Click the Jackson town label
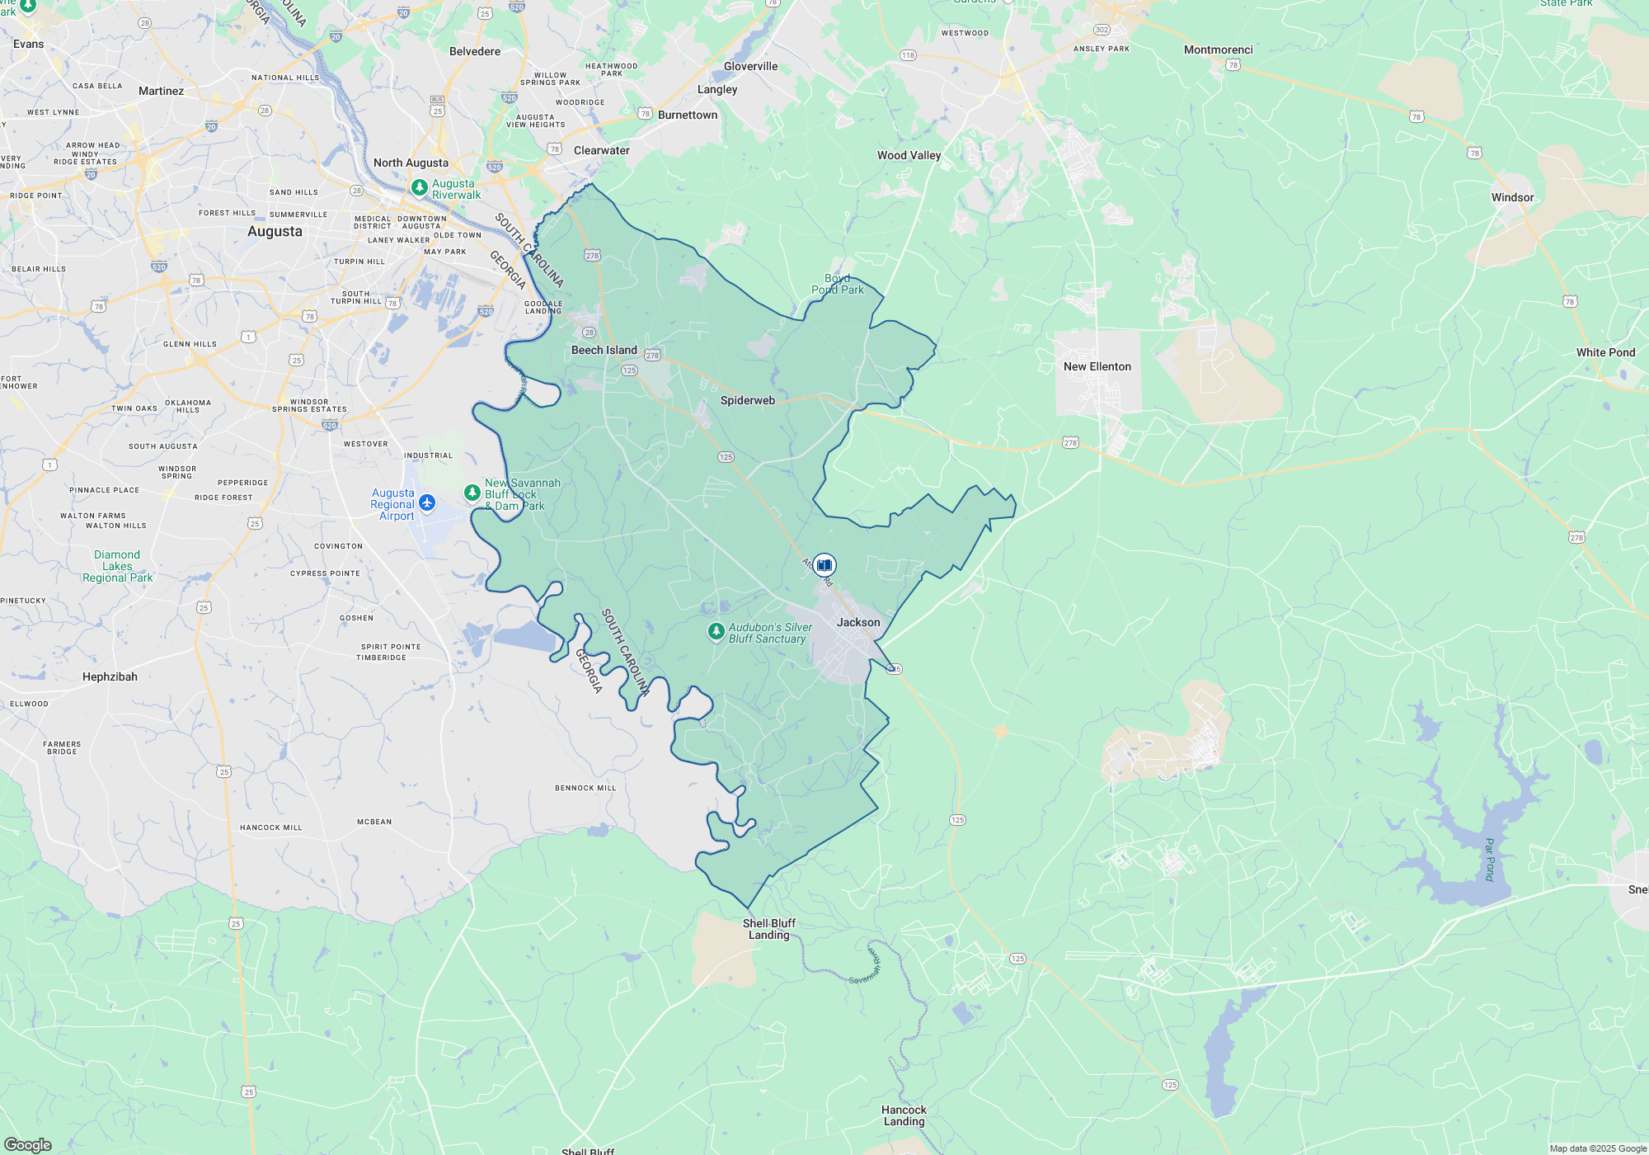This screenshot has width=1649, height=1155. pos(858,622)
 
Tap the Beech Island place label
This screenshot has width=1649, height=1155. pos(604,350)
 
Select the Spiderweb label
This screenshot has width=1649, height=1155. pos(747,400)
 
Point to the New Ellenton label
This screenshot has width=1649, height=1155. pos(1097,366)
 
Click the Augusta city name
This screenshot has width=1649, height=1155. pos(275,232)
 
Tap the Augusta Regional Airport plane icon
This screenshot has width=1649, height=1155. pos(427,502)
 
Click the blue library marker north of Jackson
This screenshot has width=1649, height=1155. pos(824,565)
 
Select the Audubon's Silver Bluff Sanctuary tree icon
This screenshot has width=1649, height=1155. pos(716,632)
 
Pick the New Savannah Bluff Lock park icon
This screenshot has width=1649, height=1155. pos(472,493)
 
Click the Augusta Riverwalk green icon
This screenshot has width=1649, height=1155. pos(420,188)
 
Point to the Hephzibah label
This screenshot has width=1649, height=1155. pos(110,676)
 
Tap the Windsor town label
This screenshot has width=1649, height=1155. pos(1512,197)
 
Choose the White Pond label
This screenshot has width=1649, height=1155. pos(1605,352)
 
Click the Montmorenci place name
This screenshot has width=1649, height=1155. pos(1218,49)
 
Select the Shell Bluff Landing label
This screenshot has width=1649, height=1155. pos(768,929)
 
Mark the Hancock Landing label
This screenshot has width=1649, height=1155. pos(904,1115)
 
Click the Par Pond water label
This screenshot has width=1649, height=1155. pos(1489,860)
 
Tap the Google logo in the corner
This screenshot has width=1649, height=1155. pos(28,1144)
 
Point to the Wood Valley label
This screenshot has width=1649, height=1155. pos(909,155)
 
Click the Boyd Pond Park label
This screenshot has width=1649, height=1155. pos(838,284)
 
